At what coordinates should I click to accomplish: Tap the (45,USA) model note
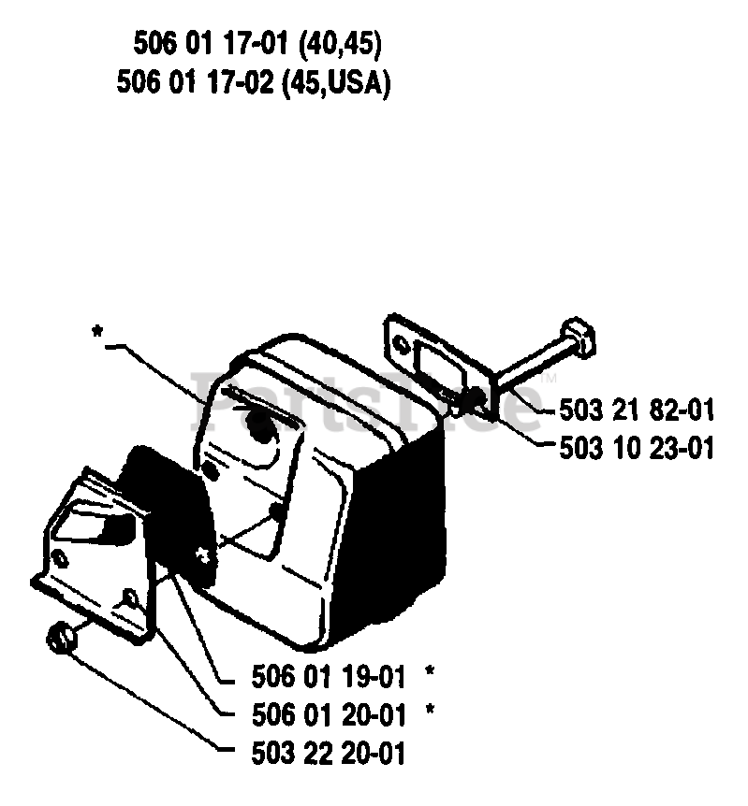coord(335,83)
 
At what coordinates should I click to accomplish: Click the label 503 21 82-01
coord(637,410)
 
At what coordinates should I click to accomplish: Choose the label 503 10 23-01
coord(637,450)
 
